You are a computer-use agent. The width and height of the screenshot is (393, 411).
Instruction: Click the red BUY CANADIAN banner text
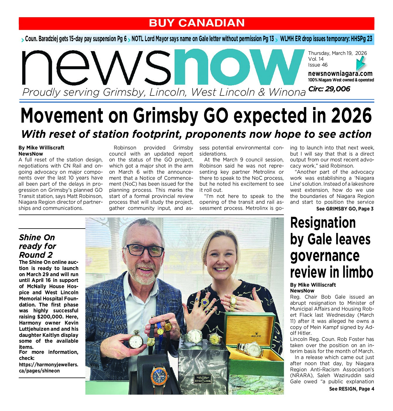click(x=196, y=23)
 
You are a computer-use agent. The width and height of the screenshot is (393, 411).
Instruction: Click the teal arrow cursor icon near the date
click(x=361, y=62)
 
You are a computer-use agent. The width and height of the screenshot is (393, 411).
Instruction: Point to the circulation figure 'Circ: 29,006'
click(x=329, y=89)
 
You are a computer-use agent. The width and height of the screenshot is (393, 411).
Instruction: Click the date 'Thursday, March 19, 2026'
click(x=337, y=53)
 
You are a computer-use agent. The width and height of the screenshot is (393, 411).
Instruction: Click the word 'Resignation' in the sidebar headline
click(x=323, y=223)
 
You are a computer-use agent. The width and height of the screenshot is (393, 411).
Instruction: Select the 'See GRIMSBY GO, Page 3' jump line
click(x=345, y=209)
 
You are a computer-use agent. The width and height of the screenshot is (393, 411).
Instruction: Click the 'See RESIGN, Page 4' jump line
click(x=351, y=389)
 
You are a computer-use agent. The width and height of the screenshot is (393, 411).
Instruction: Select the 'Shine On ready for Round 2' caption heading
click(x=37, y=246)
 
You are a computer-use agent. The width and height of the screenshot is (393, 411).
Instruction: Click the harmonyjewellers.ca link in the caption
click(x=49, y=368)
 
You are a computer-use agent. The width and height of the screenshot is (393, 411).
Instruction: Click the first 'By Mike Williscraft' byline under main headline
click(x=41, y=148)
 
